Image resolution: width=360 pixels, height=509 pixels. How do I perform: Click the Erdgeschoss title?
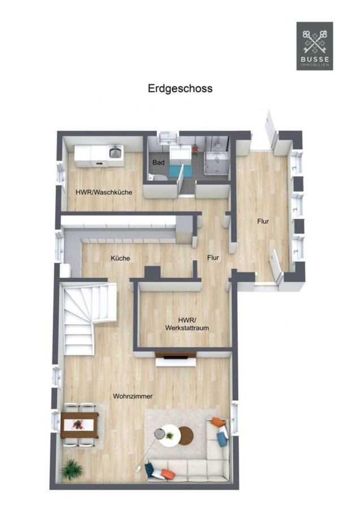180,89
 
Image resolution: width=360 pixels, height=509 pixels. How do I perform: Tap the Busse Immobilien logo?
315,46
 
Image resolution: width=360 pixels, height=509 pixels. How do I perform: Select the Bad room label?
158,162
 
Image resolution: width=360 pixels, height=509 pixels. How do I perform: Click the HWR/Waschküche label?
104,192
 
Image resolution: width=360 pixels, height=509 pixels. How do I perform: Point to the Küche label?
120,258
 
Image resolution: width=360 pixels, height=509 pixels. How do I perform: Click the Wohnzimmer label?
132,396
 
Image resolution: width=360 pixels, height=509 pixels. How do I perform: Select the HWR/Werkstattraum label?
187,324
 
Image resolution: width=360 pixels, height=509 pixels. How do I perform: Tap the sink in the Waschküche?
115,152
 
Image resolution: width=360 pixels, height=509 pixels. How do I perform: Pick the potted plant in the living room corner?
72,469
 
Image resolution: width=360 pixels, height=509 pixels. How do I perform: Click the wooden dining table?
79,425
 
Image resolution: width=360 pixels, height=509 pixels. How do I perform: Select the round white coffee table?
166,435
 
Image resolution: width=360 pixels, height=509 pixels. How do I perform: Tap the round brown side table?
186,435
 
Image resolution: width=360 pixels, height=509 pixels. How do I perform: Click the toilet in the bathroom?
157,177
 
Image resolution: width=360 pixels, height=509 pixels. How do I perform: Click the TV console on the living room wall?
175,359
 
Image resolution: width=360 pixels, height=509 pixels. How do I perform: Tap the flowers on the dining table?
78,424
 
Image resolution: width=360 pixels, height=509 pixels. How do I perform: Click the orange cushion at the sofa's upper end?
218,422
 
